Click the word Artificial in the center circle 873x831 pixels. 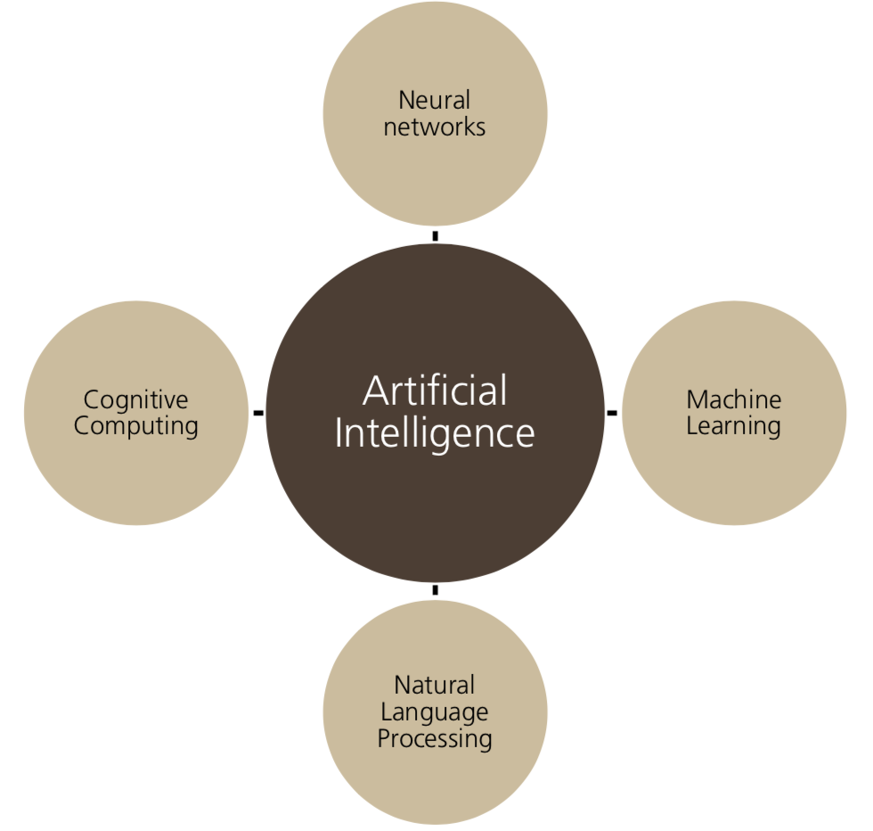point(435,391)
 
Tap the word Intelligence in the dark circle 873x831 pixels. point(435,433)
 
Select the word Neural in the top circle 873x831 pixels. point(435,100)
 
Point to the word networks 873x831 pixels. point(435,127)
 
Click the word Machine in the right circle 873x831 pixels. point(734,399)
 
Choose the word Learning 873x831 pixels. point(734,425)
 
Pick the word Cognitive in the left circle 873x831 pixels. point(136,399)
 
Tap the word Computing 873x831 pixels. point(136,425)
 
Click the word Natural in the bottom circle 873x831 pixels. point(435,685)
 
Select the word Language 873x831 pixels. point(435,712)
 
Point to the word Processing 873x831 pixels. point(435,738)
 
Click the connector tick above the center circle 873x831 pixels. point(435,236)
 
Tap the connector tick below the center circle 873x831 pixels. point(435,590)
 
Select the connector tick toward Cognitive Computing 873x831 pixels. point(258,413)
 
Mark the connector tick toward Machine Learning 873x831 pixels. point(612,413)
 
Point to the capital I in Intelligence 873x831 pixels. point(339,433)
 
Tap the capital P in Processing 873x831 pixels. point(384,738)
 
